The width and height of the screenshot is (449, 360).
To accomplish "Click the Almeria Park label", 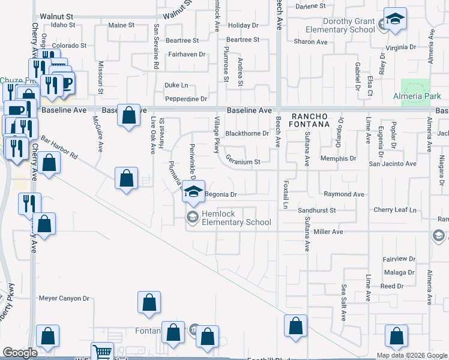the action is pyautogui.click(x=417, y=96).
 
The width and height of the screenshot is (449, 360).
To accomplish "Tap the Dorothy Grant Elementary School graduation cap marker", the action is pyautogui.click(x=395, y=20).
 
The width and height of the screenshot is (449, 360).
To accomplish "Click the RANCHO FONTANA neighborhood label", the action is pyautogui.click(x=312, y=120).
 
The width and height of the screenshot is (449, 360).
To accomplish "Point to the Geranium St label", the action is pyautogui.click(x=243, y=162).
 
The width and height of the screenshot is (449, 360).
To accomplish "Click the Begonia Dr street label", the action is pyautogui.click(x=221, y=194).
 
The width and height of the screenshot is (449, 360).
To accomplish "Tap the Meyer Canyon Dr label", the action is pyautogui.click(x=64, y=298).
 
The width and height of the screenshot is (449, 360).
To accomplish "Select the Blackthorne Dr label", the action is pyautogui.click(x=247, y=134).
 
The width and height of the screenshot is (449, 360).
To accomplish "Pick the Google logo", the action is pyautogui.click(x=20, y=353).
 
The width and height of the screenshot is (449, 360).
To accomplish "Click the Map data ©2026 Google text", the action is pyautogui.click(x=412, y=355).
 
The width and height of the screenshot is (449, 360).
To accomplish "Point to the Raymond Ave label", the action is pyautogui.click(x=344, y=194).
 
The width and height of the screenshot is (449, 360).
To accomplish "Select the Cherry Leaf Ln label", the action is pyautogui.click(x=394, y=210).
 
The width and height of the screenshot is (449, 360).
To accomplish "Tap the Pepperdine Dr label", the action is pyautogui.click(x=186, y=98).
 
